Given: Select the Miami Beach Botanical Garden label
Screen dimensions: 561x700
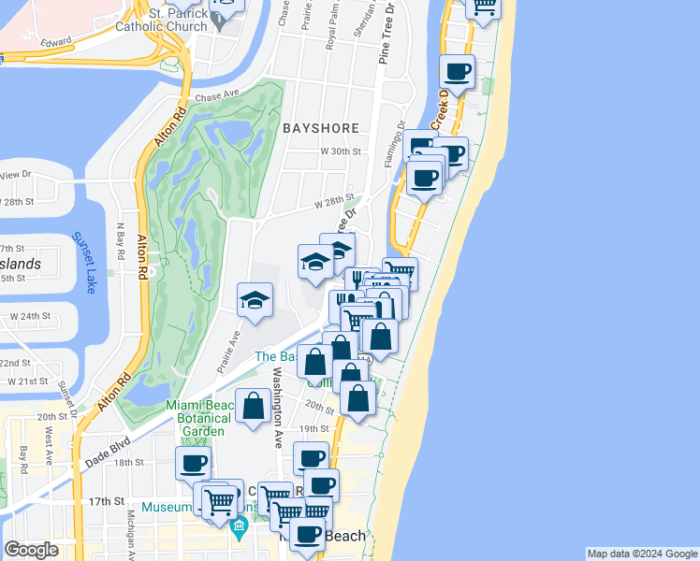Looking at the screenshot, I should coord(197,417).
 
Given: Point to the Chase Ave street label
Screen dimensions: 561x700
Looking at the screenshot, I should coord(218,96).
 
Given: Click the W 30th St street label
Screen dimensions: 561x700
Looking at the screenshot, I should coord(340,151).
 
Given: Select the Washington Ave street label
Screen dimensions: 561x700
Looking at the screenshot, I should coord(277,406).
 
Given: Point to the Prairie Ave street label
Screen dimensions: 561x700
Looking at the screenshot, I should coord(229,351).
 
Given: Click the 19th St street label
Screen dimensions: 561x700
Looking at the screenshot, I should coord(310,428).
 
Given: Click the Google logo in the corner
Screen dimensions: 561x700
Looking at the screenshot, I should coord(31,550).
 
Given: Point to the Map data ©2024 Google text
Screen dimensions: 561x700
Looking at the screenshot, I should coord(641,554).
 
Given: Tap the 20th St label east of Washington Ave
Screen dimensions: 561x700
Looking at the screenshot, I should coord(320,409).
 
